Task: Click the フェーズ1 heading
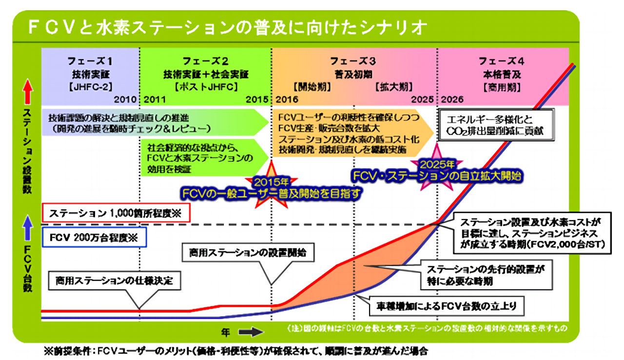click(x=90, y=61)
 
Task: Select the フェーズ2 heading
click(x=205, y=61)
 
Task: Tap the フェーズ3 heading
click(x=353, y=61)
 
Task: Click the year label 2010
click(x=125, y=100)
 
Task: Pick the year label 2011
click(x=155, y=100)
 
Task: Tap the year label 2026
click(x=453, y=100)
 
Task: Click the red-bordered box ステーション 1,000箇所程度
click(x=115, y=213)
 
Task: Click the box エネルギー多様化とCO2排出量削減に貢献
click(x=496, y=125)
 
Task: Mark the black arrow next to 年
click(x=251, y=332)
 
